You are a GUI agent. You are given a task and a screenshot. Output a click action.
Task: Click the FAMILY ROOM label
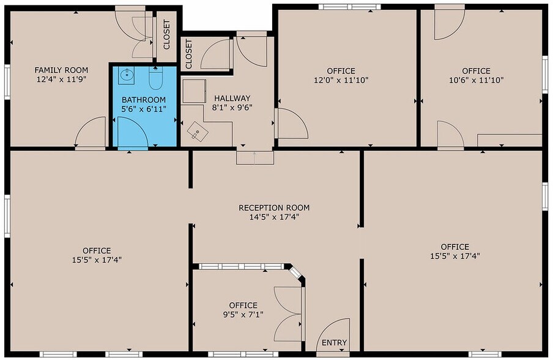[x=61, y=70]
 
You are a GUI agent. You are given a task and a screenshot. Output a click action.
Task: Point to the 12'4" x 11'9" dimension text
[x=61, y=80]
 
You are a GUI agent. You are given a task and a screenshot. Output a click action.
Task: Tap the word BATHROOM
[x=144, y=100]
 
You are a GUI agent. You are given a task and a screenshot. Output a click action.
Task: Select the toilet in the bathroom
[x=155, y=78]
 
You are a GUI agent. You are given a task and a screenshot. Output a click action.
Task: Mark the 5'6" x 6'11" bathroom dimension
[x=144, y=110]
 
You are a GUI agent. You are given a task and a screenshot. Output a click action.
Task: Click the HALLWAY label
[x=232, y=97]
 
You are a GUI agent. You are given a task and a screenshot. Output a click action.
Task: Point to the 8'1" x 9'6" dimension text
[x=232, y=107]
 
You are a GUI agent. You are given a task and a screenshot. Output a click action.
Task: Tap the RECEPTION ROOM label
[x=273, y=208]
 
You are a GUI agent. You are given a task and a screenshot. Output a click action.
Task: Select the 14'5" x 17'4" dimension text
[x=273, y=217]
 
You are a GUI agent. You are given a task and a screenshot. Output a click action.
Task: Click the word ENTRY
[x=334, y=343]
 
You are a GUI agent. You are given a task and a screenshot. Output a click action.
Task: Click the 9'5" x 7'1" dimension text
[x=243, y=315]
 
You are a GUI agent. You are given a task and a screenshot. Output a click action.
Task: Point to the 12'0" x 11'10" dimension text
[x=341, y=80]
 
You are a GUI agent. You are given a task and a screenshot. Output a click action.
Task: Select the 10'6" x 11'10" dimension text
[x=476, y=80]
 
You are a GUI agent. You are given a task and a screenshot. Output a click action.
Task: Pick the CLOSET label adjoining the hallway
[x=189, y=54]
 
